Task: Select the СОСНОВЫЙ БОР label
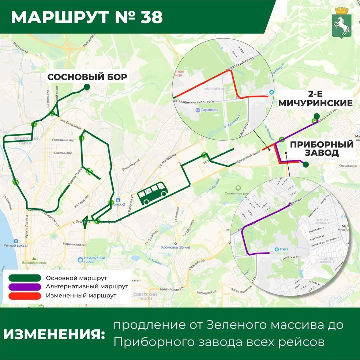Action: point(87,77)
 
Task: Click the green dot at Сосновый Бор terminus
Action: point(87,87)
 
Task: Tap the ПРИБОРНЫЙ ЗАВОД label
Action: point(322,148)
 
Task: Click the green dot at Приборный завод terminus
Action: point(306,165)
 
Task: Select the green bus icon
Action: point(153,194)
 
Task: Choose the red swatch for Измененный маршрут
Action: point(26,295)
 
